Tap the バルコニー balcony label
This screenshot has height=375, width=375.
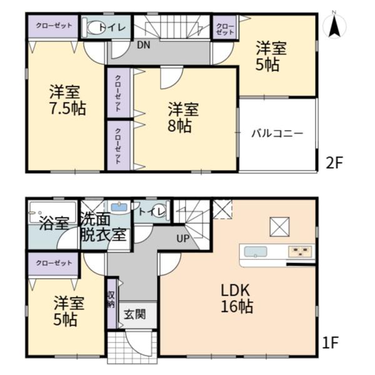[x=277, y=134]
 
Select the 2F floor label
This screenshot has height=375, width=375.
[x=334, y=162]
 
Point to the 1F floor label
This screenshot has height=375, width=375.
[x=331, y=342]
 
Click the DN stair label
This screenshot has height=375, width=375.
[x=144, y=45]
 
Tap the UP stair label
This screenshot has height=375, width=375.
[x=183, y=239]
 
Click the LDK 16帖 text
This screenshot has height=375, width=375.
[x=236, y=299]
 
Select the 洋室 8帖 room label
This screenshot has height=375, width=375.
[x=183, y=117]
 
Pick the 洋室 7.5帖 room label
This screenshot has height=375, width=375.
[x=67, y=100]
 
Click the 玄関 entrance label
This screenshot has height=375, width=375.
[x=135, y=314]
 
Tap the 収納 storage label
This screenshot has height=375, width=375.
[x=111, y=299]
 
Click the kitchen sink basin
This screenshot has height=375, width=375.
[x=256, y=252]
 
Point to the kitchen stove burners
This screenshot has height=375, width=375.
[x=301, y=252]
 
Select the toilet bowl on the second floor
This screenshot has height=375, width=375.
[x=94, y=27]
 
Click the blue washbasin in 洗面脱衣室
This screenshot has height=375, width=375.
[x=119, y=207]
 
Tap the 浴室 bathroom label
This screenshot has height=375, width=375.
[x=54, y=223]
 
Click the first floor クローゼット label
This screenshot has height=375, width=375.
[x=54, y=263]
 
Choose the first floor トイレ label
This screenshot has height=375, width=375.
[x=152, y=212]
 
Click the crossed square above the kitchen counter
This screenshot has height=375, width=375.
[x=279, y=227]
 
